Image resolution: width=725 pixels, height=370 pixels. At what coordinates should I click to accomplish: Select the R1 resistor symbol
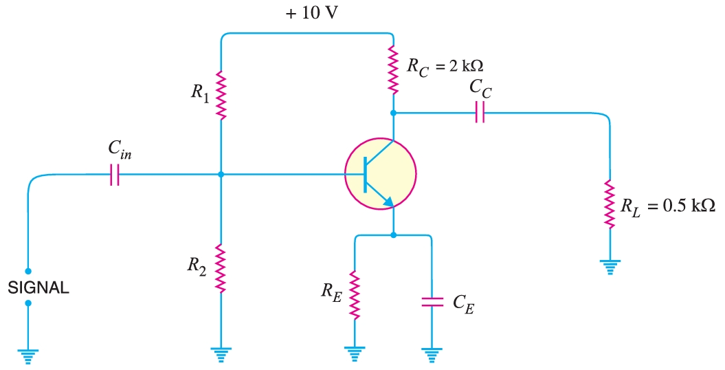click(x=221, y=94)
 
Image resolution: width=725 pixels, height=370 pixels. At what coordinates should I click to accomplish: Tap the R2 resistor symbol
click(x=221, y=268)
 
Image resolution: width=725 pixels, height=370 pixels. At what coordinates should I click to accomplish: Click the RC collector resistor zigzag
click(x=393, y=69)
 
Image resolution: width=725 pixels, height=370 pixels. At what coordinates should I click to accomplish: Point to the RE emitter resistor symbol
click(x=355, y=294)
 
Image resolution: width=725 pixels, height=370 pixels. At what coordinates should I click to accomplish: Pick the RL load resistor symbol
click(x=609, y=204)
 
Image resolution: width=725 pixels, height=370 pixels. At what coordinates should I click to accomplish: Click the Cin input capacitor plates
click(x=114, y=177)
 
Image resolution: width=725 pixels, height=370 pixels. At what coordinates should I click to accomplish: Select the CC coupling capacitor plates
click(x=479, y=112)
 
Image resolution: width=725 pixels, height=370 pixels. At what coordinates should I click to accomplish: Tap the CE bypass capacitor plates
click(x=431, y=300)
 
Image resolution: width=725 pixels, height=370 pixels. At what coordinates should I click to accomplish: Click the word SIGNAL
click(x=38, y=289)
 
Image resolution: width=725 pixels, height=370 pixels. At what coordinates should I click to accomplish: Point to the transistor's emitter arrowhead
click(x=388, y=202)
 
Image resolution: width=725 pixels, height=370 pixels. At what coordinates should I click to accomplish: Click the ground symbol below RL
click(x=610, y=265)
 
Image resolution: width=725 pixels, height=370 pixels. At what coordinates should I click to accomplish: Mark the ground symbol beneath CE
click(x=431, y=355)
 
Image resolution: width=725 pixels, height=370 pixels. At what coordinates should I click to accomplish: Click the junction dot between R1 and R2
click(x=221, y=175)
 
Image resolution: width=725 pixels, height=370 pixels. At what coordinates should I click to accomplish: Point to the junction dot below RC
click(x=393, y=112)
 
